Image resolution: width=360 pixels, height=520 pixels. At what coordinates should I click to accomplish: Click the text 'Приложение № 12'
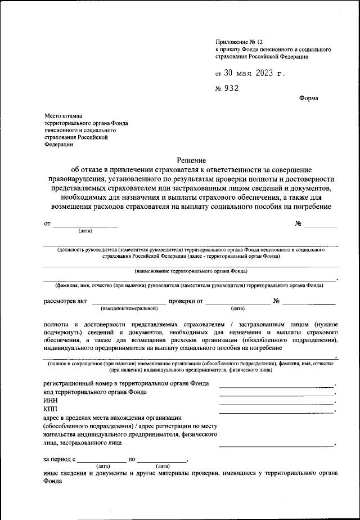click(238, 42)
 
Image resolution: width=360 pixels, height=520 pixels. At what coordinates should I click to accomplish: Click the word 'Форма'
click(308, 98)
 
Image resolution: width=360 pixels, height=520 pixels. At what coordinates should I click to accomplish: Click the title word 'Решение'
click(191, 160)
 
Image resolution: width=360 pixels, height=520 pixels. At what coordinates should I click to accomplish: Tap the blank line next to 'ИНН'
click(276, 403)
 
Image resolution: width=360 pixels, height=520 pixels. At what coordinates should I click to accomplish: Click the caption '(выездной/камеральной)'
click(129, 309)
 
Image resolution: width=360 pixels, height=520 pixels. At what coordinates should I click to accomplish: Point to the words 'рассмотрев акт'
click(65, 301)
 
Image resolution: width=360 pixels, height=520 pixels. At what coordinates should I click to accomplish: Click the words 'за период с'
click(59, 459)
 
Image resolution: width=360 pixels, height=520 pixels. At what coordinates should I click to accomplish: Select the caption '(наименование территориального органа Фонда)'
click(191, 271)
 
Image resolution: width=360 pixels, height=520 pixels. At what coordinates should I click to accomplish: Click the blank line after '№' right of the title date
click(321, 226)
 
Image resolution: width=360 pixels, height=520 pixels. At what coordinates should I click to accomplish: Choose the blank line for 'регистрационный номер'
click(276, 387)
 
